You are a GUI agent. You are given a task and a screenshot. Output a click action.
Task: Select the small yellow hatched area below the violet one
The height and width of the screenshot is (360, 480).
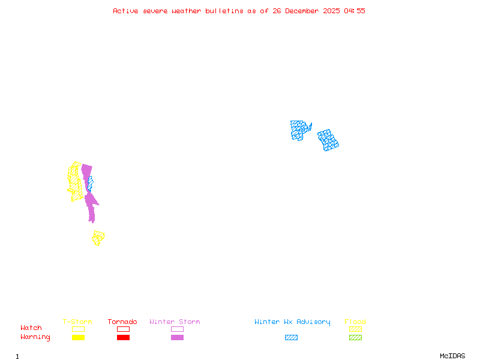pos(98,238)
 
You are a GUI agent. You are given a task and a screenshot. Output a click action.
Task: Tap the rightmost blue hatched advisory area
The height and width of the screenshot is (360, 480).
pos(328,140)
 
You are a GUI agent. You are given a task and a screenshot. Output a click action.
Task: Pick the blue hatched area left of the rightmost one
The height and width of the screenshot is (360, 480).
pos(299,130)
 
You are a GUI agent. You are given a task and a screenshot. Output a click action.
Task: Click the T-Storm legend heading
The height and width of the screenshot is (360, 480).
pos(77,322)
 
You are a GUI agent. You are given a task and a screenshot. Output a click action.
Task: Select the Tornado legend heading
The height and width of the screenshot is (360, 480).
pos(122,322)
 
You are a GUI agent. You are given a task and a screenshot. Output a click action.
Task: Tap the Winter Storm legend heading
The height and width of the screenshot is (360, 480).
pos(175,322)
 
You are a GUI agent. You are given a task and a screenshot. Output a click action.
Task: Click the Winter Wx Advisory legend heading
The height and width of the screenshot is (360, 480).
pos(292,322)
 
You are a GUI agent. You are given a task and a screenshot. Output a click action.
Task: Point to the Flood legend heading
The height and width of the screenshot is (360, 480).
pos(355,322)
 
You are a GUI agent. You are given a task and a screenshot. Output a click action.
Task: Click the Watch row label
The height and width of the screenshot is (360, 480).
pos(31,328)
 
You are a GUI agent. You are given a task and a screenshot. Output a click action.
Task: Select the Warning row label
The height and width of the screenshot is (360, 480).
pos(35,337)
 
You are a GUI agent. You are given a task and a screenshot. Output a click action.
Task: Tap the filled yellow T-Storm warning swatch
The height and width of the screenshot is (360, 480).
pos(78,338)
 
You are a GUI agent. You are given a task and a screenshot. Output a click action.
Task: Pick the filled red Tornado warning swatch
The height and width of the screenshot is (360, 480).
pos(123,338)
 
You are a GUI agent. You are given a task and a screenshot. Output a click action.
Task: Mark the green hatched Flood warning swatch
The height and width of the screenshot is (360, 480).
pos(355,338)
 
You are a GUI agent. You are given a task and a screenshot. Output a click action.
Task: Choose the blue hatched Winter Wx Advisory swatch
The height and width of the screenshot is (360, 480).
pos(291,338)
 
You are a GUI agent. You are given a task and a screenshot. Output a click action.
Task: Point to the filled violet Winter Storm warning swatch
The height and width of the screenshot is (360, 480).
pos(177,338)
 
